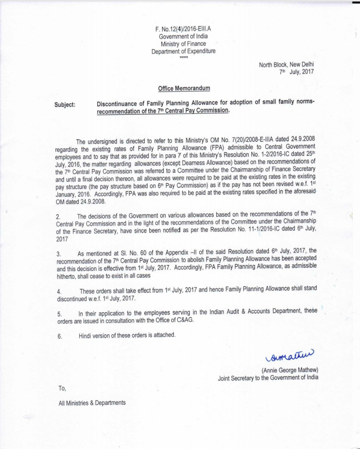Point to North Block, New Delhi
pyautogui.click(x=286, y=65)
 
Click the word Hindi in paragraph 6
pyautogui.click(x=86, y=335)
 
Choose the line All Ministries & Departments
pyautogui.click(x=92, y=402)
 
